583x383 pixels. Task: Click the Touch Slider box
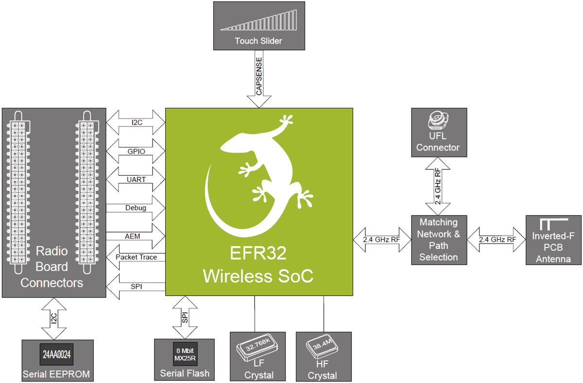coord(258,25)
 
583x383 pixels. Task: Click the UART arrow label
coord(136,179)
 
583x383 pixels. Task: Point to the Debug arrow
coord(136,207)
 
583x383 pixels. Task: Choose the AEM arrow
coord(136,235)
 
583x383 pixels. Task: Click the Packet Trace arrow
coord(136,257)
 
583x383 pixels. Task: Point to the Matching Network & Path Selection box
coord(438,239)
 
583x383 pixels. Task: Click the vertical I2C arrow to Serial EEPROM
coord(55,318)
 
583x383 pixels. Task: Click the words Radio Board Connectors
coord(52,267)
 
